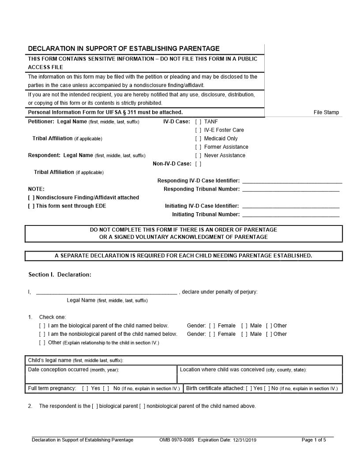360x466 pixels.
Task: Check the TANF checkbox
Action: (199, 121)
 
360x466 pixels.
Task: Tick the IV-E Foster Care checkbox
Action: (199, 130)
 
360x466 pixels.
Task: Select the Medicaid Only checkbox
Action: (199, 139)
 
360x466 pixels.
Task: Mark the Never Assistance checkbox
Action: (199, 155)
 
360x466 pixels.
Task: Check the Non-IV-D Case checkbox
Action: (199, 164)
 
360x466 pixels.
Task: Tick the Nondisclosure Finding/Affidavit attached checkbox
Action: (31, 198)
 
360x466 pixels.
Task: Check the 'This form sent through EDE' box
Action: (31, 206)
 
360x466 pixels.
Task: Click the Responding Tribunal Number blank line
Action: (291, 190)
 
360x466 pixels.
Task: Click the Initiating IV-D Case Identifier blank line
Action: (291, 207)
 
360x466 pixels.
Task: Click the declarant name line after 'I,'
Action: (106, 292)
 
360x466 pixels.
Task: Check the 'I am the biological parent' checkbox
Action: (42, 326)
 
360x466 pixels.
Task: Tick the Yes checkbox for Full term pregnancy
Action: (86, 388)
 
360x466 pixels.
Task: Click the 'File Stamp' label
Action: (326, 113)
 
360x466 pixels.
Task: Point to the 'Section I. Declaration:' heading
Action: (60, 274)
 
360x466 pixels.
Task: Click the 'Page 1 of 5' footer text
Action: (314, 440)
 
